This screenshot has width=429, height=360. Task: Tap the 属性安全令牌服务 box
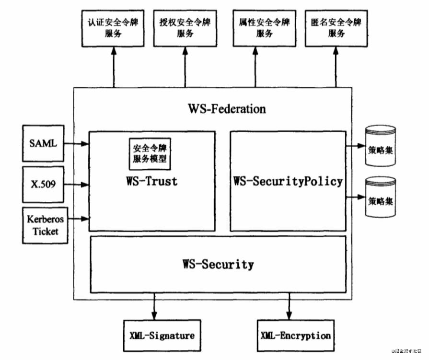tap(264, 28)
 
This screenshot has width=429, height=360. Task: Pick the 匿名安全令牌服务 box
tap(336, 28)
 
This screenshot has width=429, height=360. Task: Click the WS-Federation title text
tap(226, 109)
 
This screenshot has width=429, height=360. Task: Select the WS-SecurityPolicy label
tap(288, 181)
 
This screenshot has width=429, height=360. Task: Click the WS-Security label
tap(218, 264)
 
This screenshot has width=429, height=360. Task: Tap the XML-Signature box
tap(162, 335)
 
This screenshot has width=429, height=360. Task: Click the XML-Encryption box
tap(295, 335)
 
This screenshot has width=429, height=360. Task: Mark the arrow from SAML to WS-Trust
tap(77, 143)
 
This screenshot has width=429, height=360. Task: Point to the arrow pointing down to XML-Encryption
tap(289, 307)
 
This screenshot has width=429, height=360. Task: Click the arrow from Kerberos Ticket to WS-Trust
tap(78, 219)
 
